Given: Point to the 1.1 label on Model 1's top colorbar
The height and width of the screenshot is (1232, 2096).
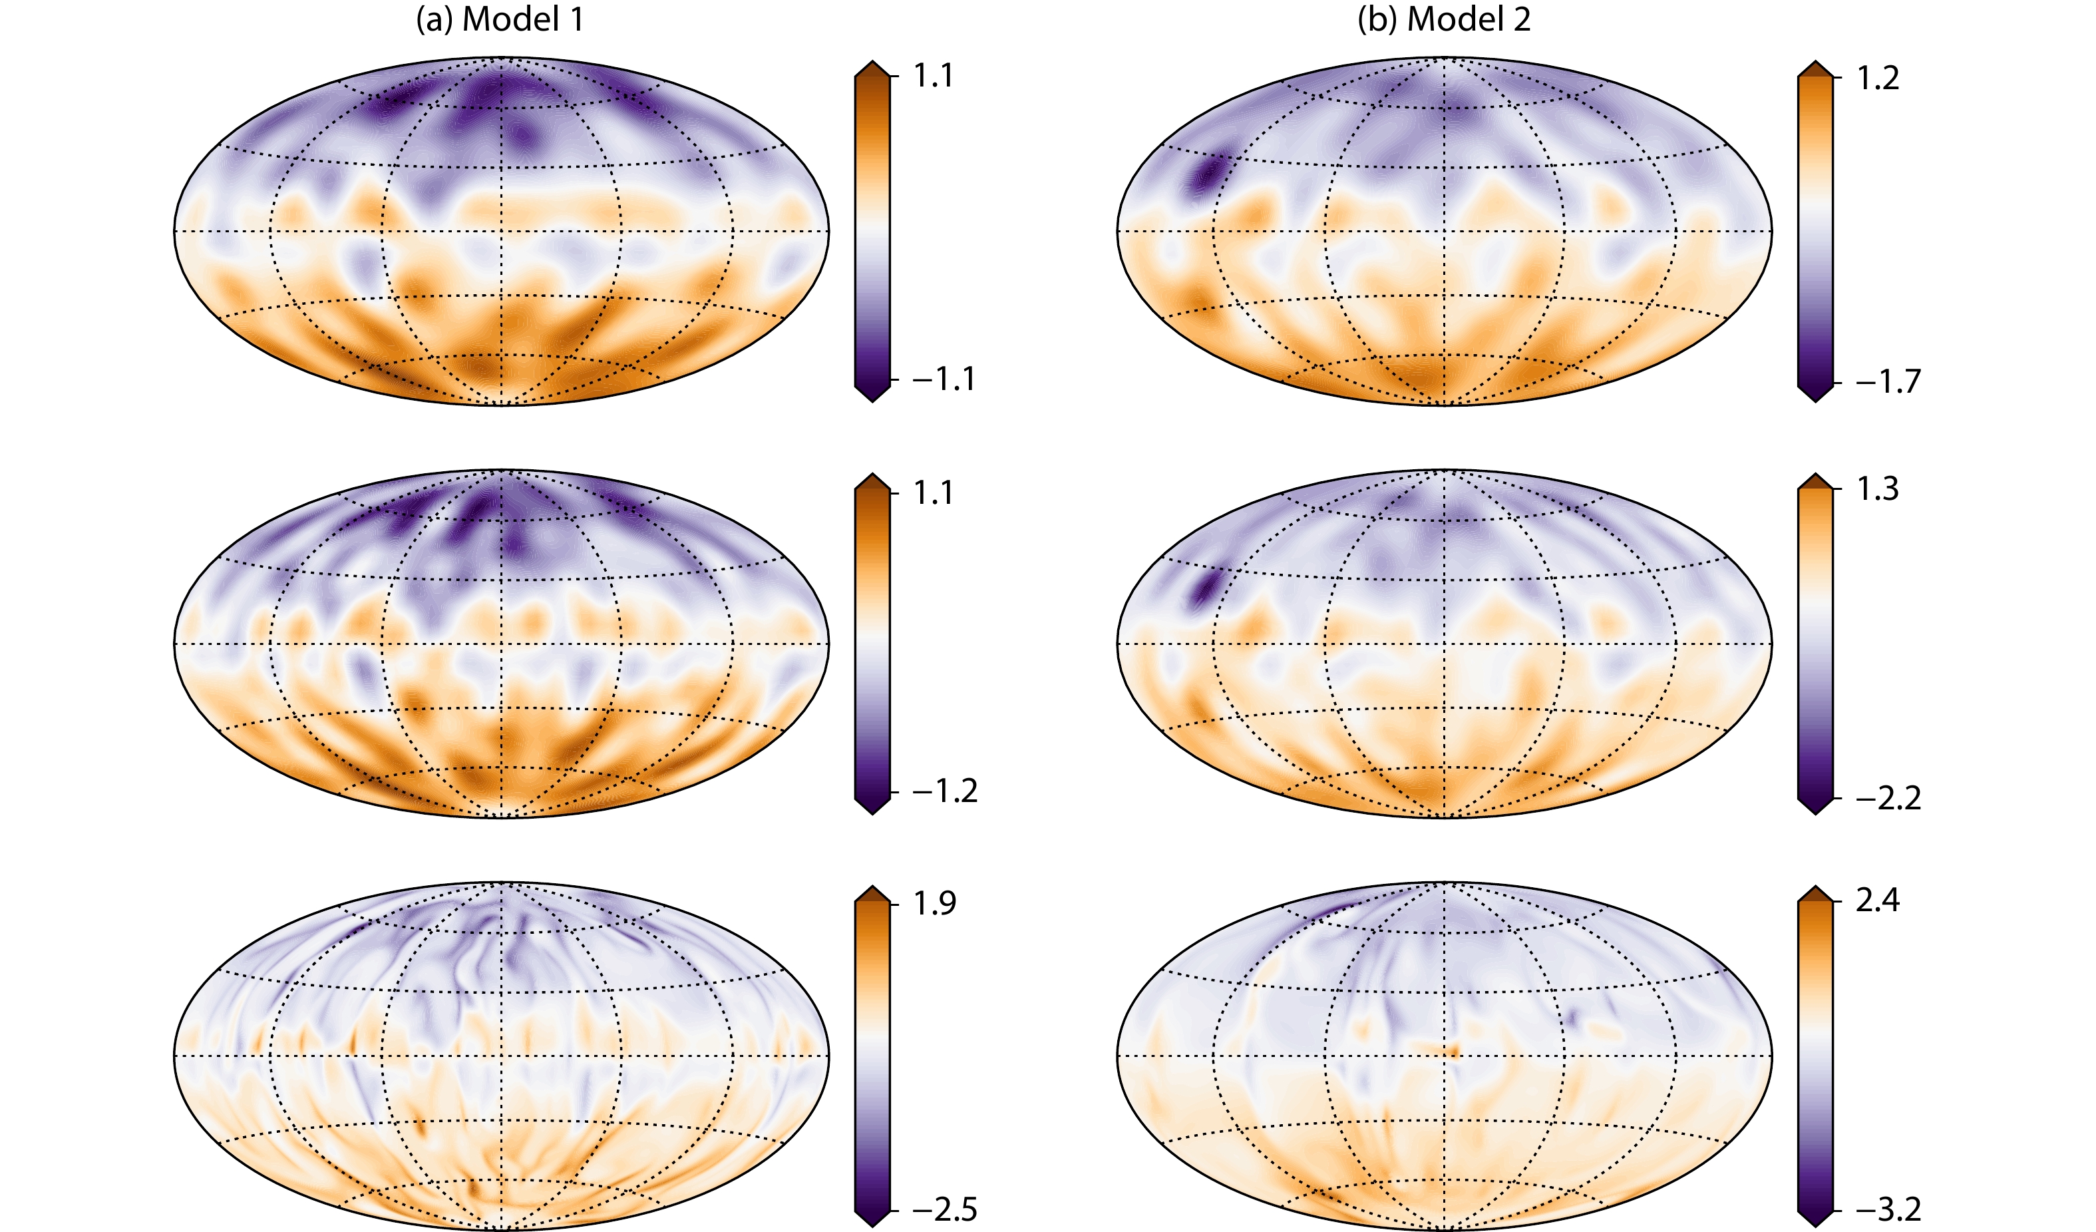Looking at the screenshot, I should pyautogui.click(x=933, y=76).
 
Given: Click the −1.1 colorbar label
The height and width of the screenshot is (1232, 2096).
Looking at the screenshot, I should pyautogui.click(x=944, y=380).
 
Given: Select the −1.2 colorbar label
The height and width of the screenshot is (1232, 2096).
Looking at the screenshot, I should pyautogui.click(x=944, y=791).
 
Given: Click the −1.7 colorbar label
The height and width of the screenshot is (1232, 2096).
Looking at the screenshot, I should pyautogui.click(x=1887, y=382).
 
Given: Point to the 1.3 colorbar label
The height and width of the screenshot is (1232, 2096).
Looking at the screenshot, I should pyautogui.click(x=1877, y=489).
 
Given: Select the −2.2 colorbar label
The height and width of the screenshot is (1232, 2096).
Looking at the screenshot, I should pyautogui.click(x=1887, y=799).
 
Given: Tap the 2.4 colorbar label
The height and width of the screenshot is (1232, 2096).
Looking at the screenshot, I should pyautogui.click(x=1877, y=901).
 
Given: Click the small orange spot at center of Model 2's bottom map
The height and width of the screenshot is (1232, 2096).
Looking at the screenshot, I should pyautogui.click(x=1452, y=1052).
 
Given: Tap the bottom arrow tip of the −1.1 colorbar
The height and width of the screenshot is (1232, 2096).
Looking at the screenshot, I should pyautogui.click(x=872, y=401).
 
